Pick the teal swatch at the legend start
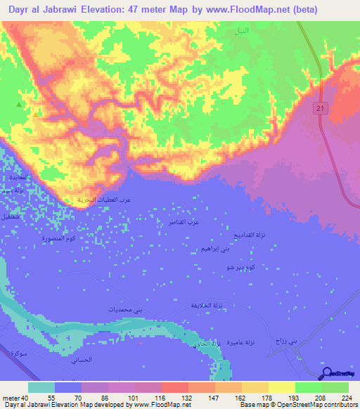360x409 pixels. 41,387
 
